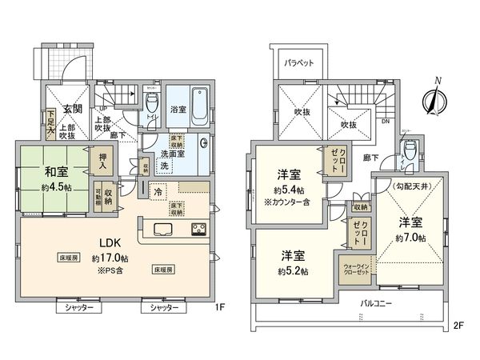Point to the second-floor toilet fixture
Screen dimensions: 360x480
click(410, 150)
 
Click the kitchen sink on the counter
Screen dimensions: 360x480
click(157, 232)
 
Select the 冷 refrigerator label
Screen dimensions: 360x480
click(158, 192)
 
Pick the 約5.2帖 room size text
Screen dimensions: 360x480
click(294, 270)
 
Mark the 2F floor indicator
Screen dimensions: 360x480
click(458, 326)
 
